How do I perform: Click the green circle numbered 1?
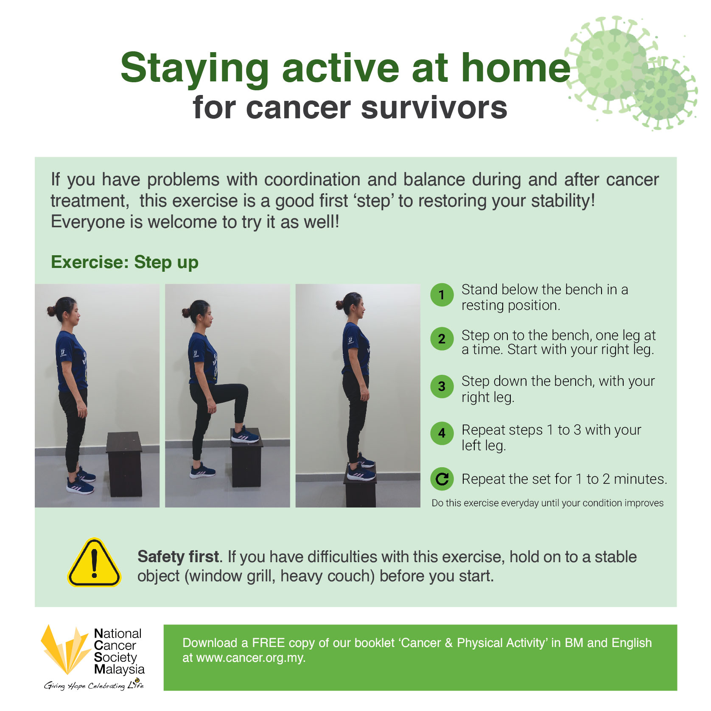click(x=442, y=295)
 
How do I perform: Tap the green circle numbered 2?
click(x=442, y=339)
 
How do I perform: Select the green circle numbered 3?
click(x=442, y=386)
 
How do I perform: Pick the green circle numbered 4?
click(x=442, y=433)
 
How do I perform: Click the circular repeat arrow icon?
click(x=442, y=479)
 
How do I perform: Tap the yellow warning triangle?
click(x=94, y=563)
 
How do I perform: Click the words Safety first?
click(x=179, y=556)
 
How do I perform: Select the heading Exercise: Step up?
click(x=125, y=262)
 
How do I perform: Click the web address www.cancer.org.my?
click(x=250, y=658)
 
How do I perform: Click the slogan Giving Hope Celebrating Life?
click(x=94, y=685)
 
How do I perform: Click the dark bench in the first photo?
click(x=124, y=464)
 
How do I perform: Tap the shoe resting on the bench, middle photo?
click(x=245, y=435)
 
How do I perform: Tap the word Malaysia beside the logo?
click(x=119, y=669)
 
